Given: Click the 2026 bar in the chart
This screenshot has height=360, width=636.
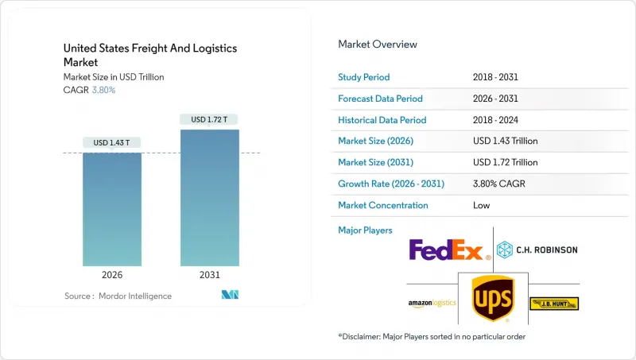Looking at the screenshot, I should click(x=112, y=208).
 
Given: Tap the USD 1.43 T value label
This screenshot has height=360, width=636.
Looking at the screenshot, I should click(x=112, y=143).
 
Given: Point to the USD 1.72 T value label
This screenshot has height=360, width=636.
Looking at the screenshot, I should click(x=210, y=120).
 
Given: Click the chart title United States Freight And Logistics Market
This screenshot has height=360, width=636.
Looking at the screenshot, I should click(x=150, y=54).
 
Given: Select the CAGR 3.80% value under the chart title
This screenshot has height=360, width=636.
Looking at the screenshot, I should click(x=104, y=90).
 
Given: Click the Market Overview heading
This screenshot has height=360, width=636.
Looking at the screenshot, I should click(x=378, y=45).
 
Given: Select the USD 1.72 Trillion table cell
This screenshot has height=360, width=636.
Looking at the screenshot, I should click(x=505, y=162).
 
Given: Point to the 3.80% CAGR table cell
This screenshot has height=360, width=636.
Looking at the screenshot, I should click(x=499, y=184).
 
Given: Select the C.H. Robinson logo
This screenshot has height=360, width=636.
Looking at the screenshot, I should click(x=537, y=250).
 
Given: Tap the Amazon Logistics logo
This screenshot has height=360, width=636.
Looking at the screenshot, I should click(x=431, y=304).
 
